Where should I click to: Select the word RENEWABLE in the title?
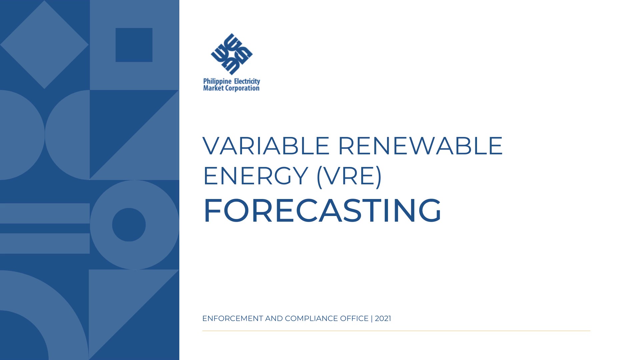pos(420,146)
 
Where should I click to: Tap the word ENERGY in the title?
pos(255,176)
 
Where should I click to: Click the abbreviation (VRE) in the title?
pos(349,177)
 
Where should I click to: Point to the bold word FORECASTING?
pos(322,210)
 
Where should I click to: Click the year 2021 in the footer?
pos(383,319)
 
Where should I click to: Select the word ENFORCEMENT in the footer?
pos(233,319)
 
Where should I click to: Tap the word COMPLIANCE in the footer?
pos(311,319)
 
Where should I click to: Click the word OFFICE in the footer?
pos(354,319)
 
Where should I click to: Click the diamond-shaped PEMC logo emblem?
pos(232,54)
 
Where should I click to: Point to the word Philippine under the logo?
pos(217,82)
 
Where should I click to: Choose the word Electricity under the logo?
pos(247,82)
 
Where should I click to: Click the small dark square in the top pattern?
pos(134,45)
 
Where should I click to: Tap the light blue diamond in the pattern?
pos(44,45)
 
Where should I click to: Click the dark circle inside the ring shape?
pos(129,225)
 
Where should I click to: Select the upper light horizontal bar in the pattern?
pos(45,213)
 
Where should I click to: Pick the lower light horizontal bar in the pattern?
pos(45,243)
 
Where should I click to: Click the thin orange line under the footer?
pos(396,331)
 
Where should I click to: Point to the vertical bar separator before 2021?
pos(372,319)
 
